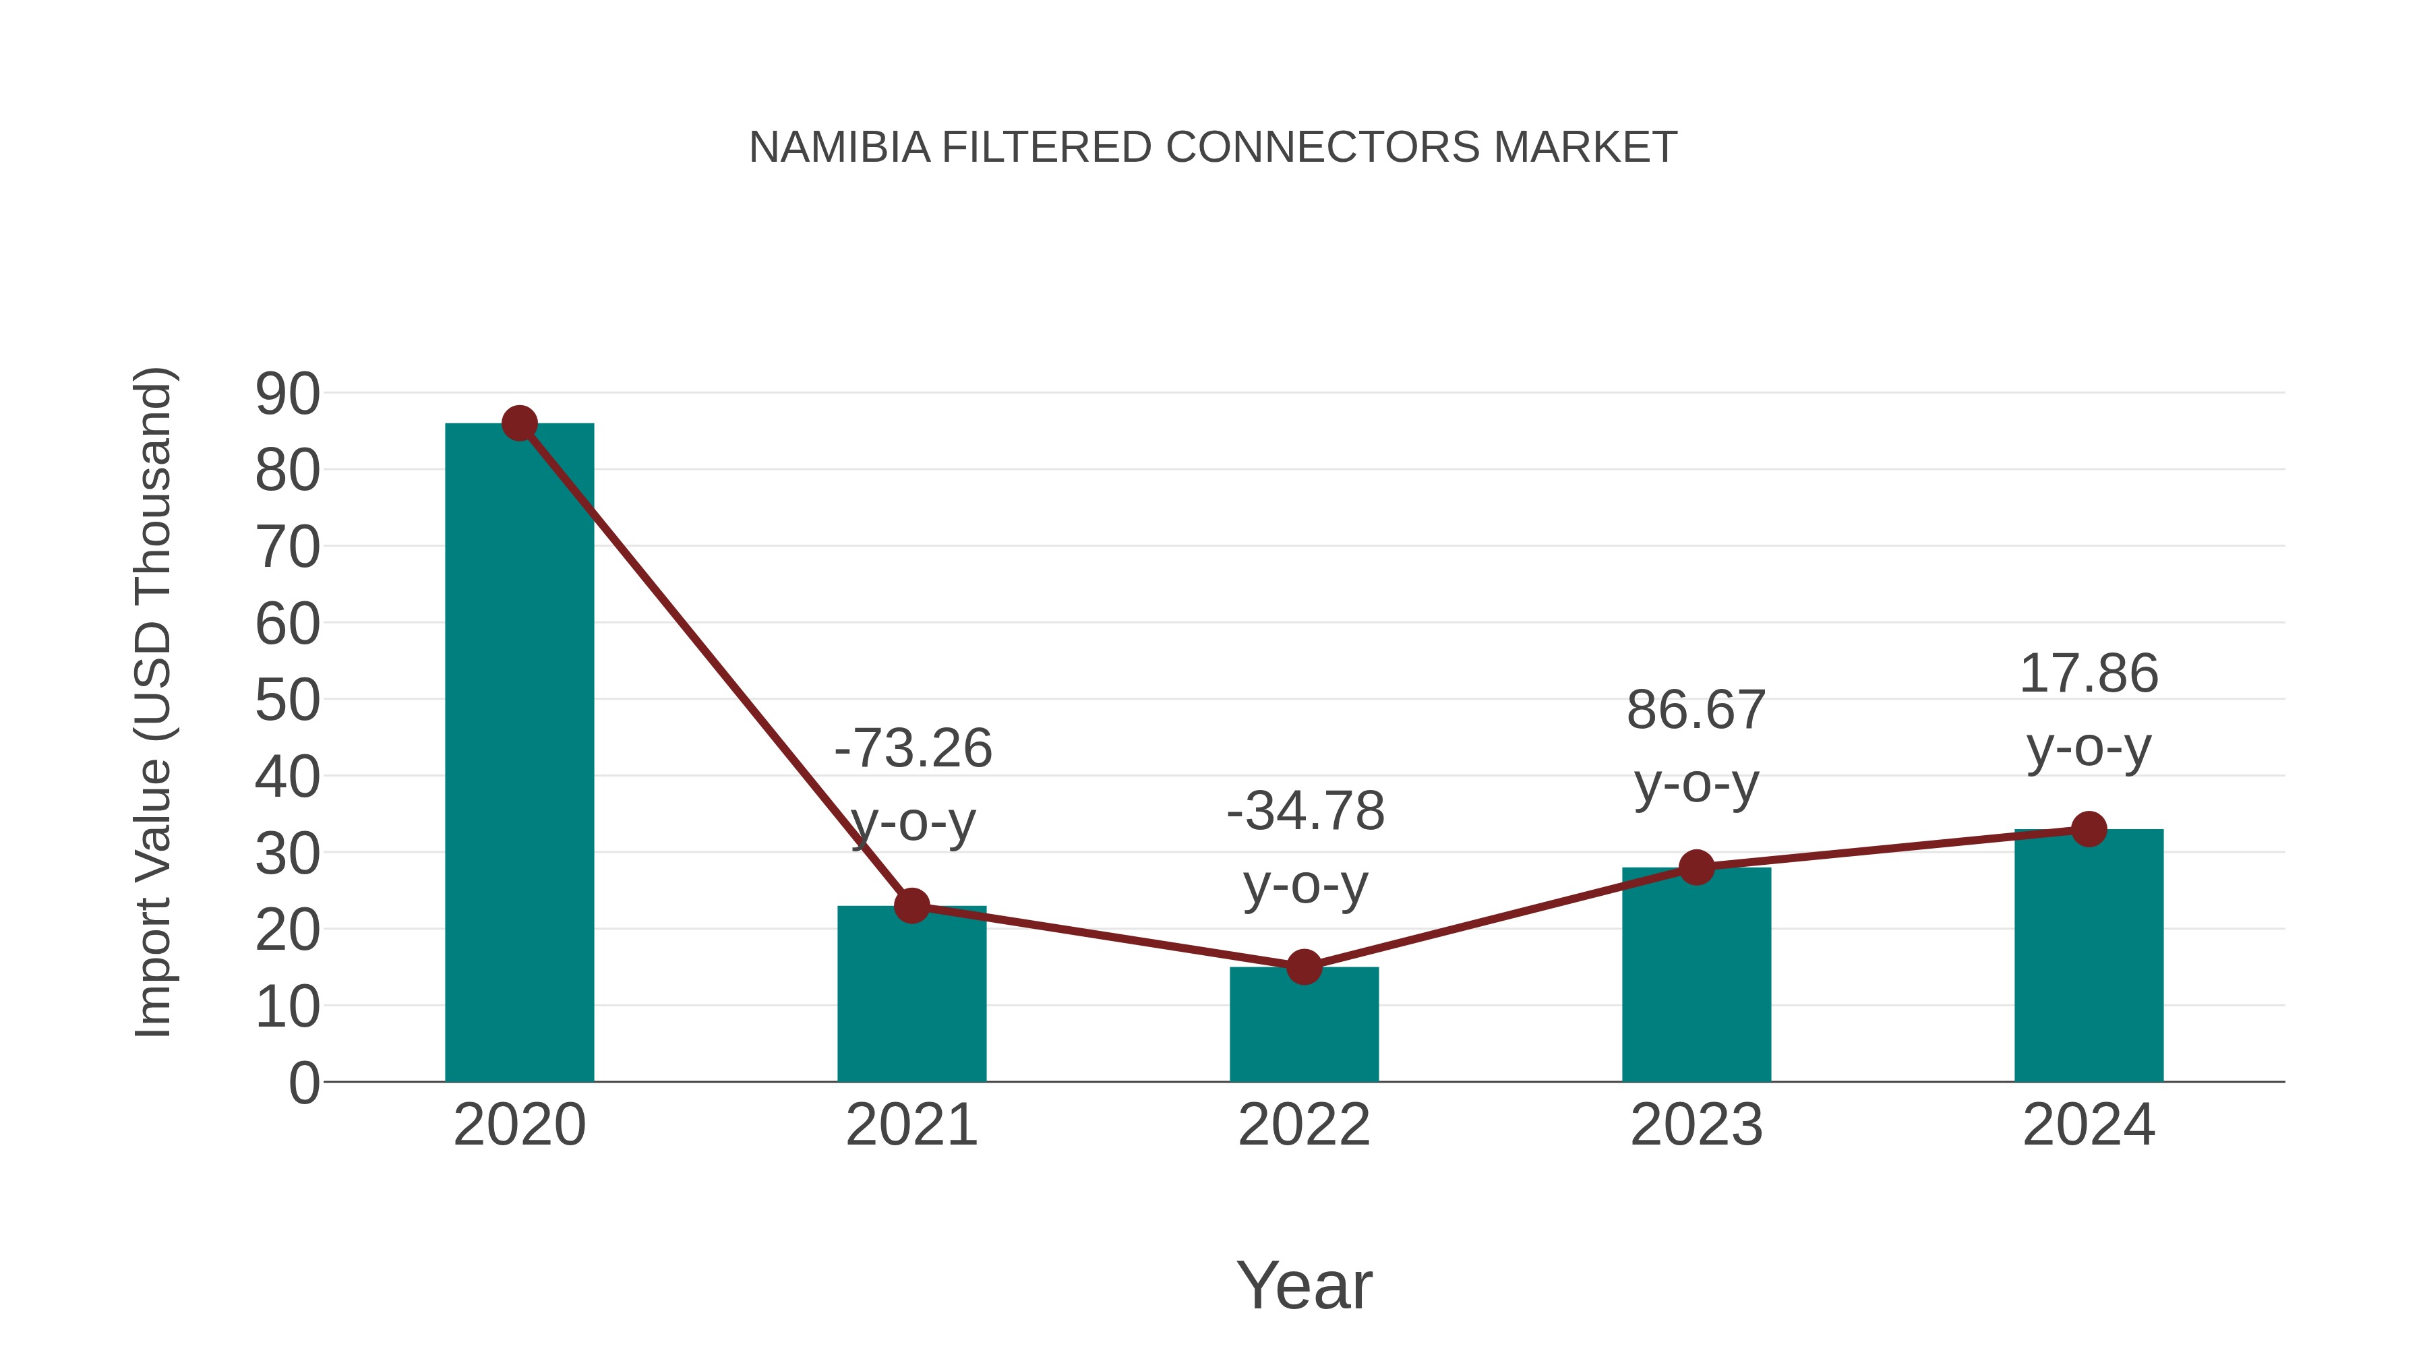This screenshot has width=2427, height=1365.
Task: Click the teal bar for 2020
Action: [x=519, y=754]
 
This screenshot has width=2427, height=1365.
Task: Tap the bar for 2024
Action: [x=2089, y=956]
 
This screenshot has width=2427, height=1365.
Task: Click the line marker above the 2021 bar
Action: [x=912, y=906]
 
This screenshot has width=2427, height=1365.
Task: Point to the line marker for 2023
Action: [x=1697, y=868]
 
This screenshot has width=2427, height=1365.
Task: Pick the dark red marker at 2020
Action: [x=519, y=424]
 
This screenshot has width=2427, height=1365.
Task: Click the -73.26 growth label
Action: [x=913, y=749]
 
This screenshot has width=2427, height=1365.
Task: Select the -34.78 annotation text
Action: [x=1305, y=811]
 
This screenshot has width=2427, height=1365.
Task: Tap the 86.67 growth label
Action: [x=1696, y=710]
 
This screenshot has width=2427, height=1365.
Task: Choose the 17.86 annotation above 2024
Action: [x=2089, y=673]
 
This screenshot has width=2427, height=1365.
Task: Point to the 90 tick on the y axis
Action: [x=287, y=394]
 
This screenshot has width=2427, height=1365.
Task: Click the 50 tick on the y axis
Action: [x=287, y=701]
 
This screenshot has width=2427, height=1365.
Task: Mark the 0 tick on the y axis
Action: [x=303, y=1083]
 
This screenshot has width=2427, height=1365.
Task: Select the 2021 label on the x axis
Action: [x=912, y=1125]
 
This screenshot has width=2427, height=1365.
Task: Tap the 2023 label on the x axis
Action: [x=1696, y=1125]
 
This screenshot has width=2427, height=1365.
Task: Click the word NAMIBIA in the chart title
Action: [x=839, y=148]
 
